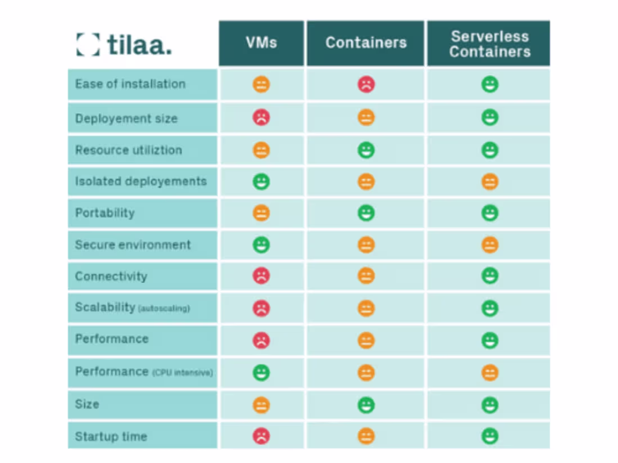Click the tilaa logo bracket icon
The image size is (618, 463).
pos(88,44)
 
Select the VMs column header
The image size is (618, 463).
pos(261,43)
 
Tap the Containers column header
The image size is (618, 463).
pos(366,43)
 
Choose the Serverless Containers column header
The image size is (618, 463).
pos(489,44)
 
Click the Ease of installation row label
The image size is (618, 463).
pos(130,84)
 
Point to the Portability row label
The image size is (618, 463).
pos(105,213)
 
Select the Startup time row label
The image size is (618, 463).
pos(111,436)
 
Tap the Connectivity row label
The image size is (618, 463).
pos(111,276)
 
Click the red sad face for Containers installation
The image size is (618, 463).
pos(366,85)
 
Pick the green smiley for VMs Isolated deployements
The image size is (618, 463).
pos(261,181)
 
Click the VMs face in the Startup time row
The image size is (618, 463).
pos(261,436)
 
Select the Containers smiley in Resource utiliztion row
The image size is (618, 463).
pos(366,150)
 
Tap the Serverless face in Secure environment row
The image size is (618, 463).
pos(489,245)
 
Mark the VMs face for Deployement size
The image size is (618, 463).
pos(261,117)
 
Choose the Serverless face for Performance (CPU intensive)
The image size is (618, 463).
pos(489,373)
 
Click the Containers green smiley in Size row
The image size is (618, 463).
pos(366,404)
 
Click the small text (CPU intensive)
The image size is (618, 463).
pos(183,373)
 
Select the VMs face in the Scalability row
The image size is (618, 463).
pos(261,308)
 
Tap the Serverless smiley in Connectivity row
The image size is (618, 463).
pos(489,276)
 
